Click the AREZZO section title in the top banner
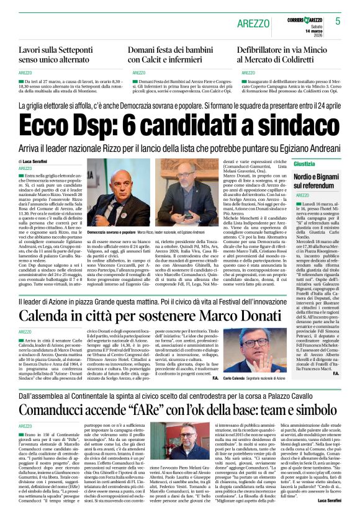254,22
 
